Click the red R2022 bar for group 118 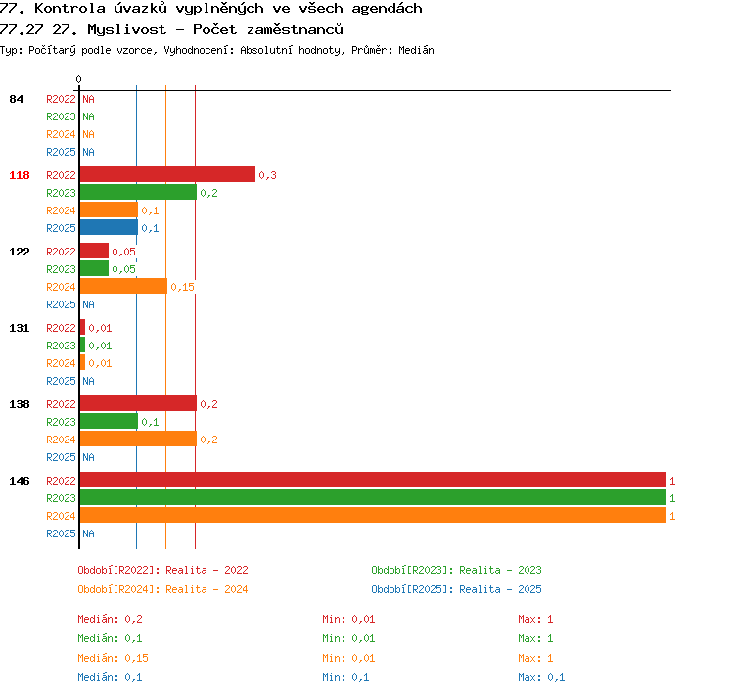click(x=167, y=174)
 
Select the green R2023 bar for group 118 click(x=138, y=193)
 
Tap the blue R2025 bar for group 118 click(x=109, y=228)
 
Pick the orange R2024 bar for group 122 click(x=123, y=286)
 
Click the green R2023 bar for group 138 click(x=109, y=422)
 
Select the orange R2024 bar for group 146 click(x=373, y=515)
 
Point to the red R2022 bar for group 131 click(x=82, y=327)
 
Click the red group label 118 click(x=20, y=175)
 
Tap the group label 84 click(x=16, y=99)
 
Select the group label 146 click(x=20, y=481)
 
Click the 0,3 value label click(x=267, y=175)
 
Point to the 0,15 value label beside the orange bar click(x=182, y=287)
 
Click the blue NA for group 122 click(x=88, y=304)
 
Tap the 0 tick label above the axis click(x=78, y=79)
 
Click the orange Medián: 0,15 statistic click(x=113, y=658)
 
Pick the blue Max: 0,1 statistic click(x=541, y=677)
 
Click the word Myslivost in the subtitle click(x=126, y=30)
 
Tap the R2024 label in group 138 click(x=61, y=440)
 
